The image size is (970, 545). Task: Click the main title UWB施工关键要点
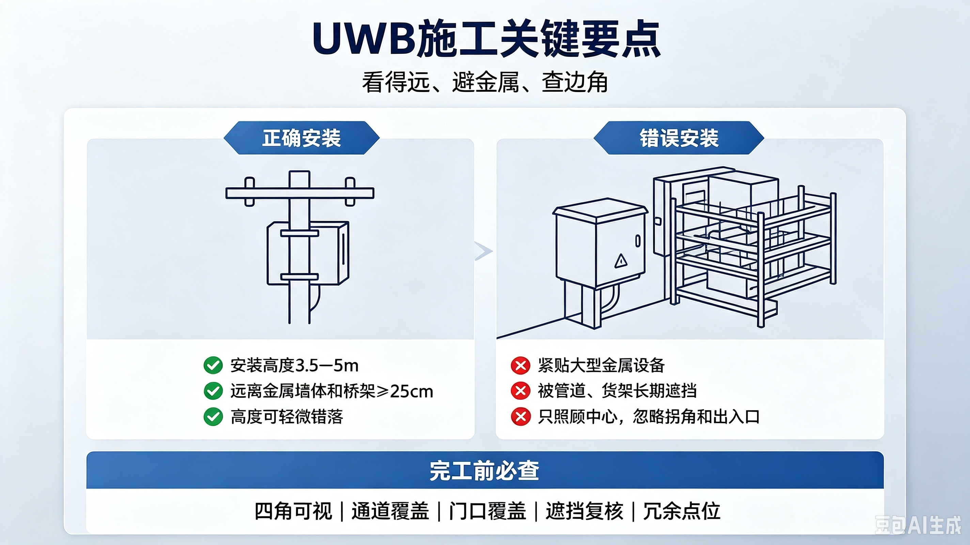(486, 39)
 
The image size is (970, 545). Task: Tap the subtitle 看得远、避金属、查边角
(485, 82)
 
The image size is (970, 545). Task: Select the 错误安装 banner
(679, 138)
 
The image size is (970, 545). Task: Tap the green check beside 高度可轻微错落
(213, 417)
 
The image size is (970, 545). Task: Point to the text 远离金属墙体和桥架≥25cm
(332, 391)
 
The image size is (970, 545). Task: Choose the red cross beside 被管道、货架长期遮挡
(521, 391)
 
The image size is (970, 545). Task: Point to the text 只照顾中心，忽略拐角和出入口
(648, 417)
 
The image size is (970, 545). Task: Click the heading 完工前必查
(485, 470)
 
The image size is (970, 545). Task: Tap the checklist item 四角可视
(293, 511)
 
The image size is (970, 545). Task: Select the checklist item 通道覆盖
(390, 511)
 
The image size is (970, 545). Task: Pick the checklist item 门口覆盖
(487, 511)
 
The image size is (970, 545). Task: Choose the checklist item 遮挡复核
(584, 511)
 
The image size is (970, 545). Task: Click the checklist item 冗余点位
(682, 511)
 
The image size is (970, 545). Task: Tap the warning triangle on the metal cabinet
(621, 261)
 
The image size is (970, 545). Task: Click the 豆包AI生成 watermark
(918, 525)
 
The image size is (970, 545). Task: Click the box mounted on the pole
(308, 253)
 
